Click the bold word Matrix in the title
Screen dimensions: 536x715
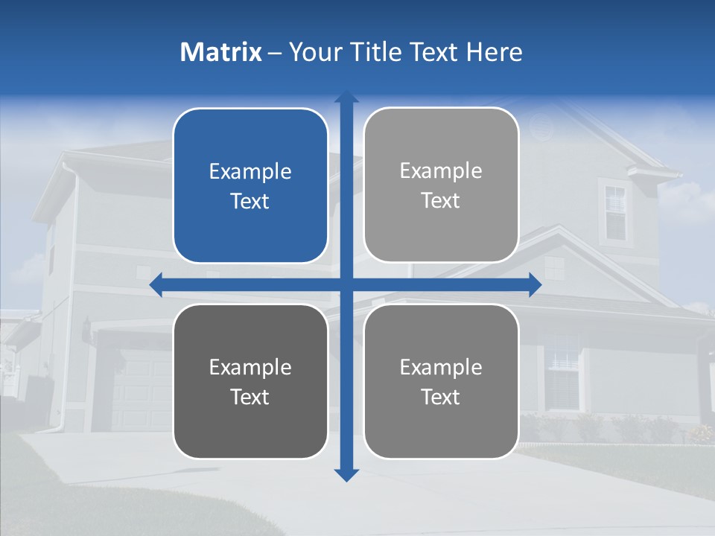pos(220,52)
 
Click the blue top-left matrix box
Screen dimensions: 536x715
pos(250,186)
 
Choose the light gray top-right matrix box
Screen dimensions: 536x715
pos(441,185)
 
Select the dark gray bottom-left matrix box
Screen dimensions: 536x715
pos(250,381)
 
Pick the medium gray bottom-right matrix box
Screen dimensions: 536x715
pos(441,381)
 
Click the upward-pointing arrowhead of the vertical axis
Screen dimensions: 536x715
pos(346,98)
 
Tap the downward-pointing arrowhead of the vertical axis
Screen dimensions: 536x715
pos(346,474)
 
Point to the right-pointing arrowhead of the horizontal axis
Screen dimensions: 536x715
pos(534,284)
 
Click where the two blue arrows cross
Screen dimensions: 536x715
pos(346,284)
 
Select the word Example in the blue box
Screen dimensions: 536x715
pos(250,172)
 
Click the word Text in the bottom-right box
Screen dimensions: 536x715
pos(441,397)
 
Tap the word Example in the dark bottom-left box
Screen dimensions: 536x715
pos(250,368)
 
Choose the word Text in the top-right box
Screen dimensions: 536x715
pos(441,201)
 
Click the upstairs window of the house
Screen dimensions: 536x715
pos(615,211)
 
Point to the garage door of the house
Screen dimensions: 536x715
pos(142,387)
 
